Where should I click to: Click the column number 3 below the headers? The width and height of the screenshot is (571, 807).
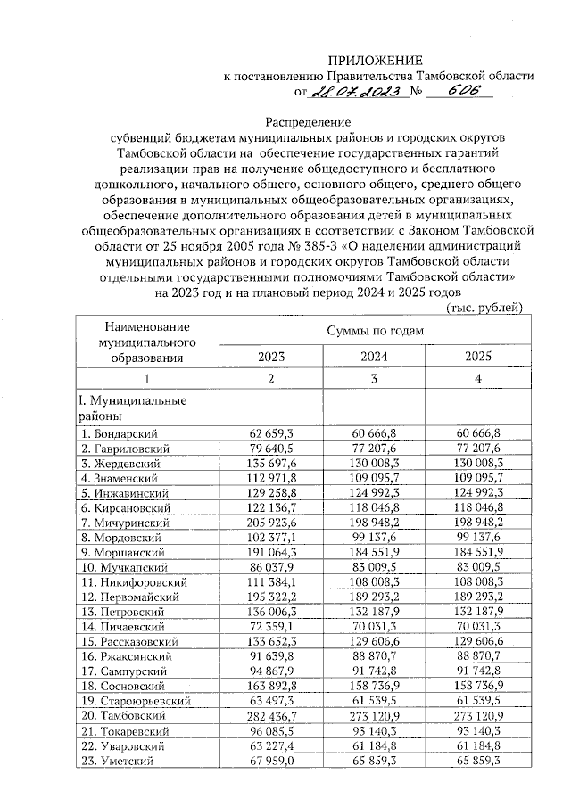click(x=375, y=378)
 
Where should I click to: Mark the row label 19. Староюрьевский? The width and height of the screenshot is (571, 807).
click(x=134, y=702)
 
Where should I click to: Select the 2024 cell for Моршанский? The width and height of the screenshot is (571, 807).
click(x=374, y=553)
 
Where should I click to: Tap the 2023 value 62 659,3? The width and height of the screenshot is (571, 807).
click(x=272, y=432)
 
